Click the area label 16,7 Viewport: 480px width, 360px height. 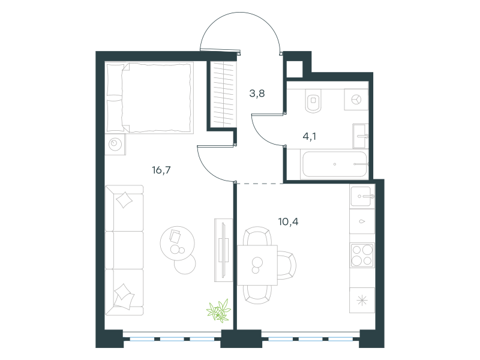tap(161, 170)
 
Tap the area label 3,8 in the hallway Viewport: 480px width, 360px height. tap(257, 94)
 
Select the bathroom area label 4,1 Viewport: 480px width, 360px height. tap(309, 136)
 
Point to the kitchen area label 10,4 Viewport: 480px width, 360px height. tap(288, 221)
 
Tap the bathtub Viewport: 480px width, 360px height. tap(334, 164)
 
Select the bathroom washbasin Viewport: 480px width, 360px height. tap(361, 136)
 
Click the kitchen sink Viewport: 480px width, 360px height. tap(362, 196)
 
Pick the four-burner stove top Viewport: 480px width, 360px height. tap(362, 256)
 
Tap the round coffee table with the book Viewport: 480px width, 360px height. tap(177, 244)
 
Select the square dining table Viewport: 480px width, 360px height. tap(257, 265)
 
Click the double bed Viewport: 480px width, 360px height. tap(149, 98)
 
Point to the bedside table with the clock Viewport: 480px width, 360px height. tap(115, 144)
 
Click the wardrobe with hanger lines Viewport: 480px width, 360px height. tap(224, 94)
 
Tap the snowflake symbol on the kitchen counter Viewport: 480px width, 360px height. tap(362, 301)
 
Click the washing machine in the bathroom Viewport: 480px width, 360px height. tap(356, 100)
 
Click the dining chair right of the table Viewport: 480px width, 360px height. tap(287, 265)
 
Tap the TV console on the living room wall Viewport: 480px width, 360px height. tap(223, 250)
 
